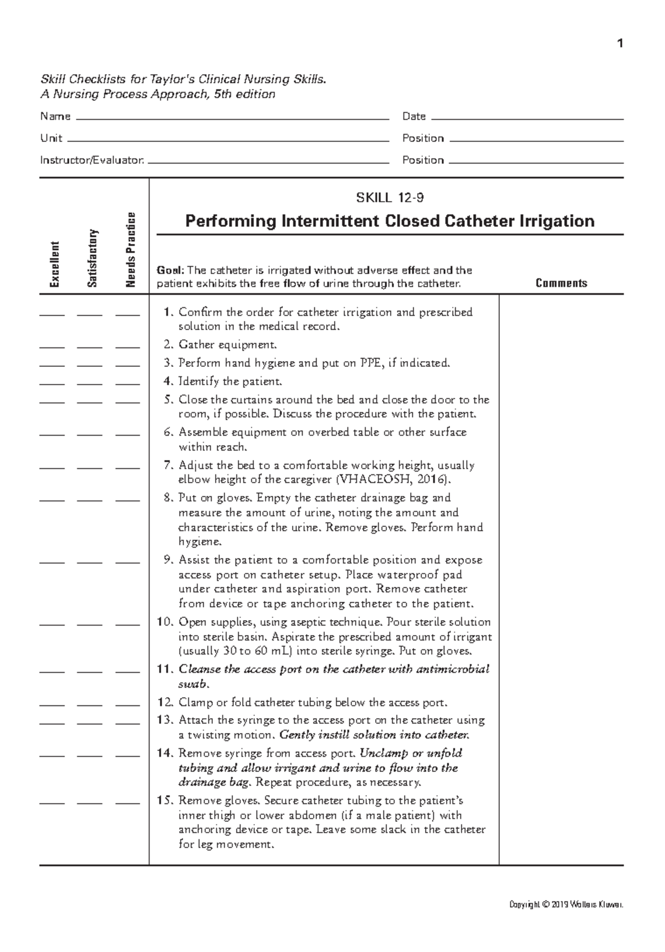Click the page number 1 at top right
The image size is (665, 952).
620,44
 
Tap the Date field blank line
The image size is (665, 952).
526,118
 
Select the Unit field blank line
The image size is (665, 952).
227,140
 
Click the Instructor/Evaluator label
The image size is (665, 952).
92,160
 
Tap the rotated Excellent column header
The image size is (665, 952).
54,264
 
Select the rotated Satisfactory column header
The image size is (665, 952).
93,258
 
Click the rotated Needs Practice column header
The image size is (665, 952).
131,250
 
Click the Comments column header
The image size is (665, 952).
561,283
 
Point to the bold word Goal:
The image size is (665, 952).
170,270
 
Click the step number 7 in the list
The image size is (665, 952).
168,465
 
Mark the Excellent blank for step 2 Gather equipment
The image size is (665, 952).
52,347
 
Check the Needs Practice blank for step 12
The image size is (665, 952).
127,705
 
